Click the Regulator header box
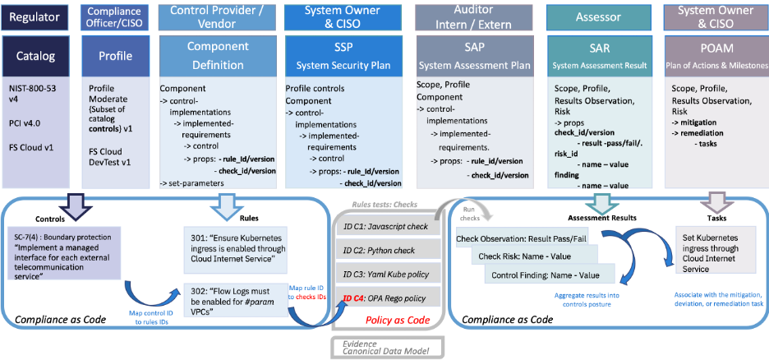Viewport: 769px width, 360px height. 35,16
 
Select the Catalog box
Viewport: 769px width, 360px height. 35,56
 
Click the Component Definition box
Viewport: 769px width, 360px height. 217,56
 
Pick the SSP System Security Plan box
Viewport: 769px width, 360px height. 343,56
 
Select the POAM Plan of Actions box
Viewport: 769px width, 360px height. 716,56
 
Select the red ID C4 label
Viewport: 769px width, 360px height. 353,298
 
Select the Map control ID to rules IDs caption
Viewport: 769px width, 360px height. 152,318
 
